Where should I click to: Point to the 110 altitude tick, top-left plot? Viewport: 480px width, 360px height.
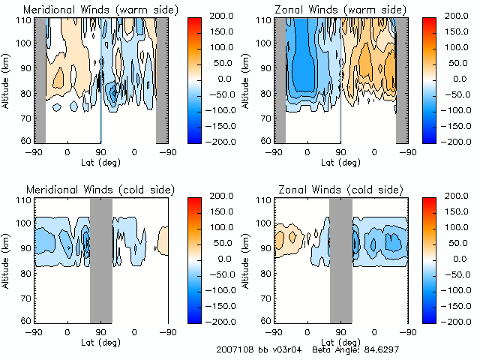point(25,20)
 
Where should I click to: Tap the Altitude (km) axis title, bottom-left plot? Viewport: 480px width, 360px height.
point(7,258)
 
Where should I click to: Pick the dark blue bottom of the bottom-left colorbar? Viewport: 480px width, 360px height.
point(191,315)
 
